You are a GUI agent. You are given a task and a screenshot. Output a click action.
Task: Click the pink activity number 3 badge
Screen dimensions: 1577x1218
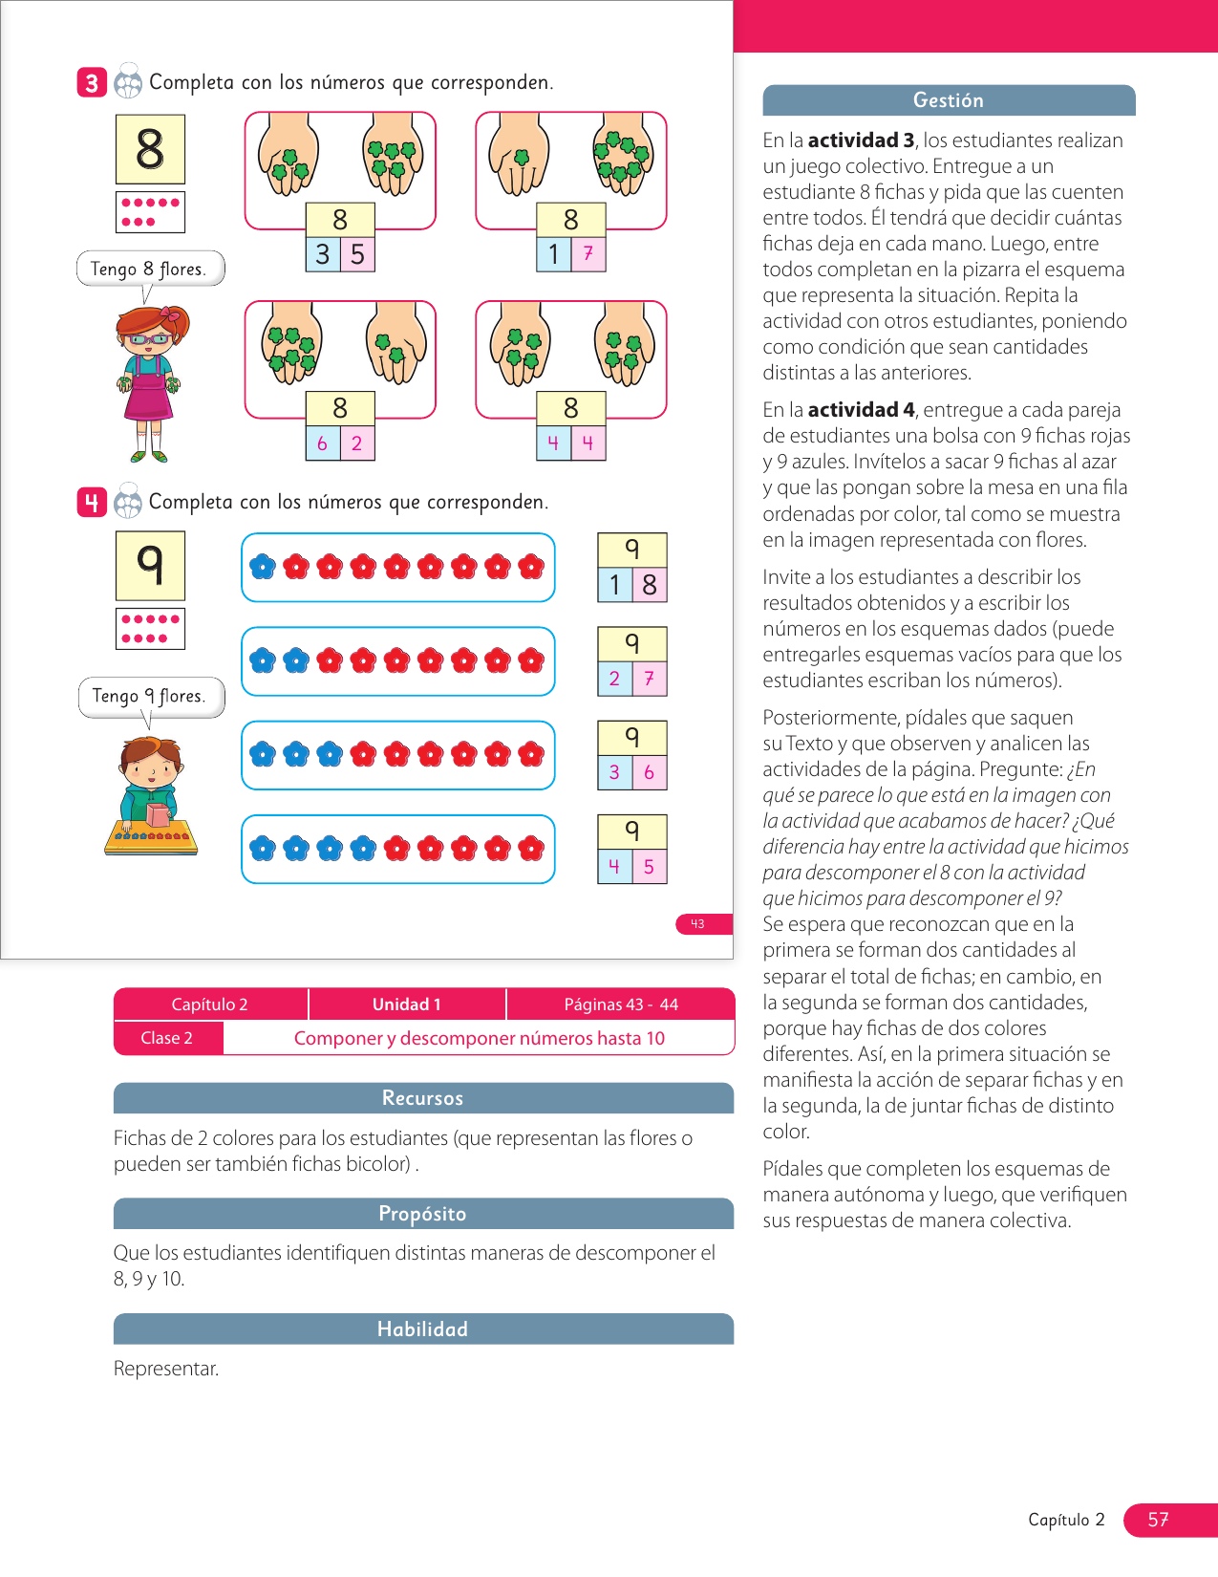(92, 83)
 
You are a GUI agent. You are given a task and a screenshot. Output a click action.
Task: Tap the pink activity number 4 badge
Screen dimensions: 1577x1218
(92, 502)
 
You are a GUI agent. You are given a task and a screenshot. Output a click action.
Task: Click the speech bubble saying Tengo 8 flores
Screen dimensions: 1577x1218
(150, 269)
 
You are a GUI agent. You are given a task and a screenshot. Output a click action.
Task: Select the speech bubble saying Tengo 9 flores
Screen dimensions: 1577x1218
(151, 696)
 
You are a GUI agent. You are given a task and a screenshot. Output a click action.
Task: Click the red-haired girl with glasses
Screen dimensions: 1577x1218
(149, 382)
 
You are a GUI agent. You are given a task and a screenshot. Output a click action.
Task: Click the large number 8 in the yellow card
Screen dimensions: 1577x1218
(150, 149)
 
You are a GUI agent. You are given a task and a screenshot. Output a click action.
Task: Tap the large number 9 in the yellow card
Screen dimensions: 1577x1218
(150, 566)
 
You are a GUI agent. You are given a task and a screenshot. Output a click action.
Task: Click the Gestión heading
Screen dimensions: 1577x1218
(949, 100)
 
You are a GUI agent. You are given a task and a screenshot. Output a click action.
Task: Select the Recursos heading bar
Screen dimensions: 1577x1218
(423, 1098)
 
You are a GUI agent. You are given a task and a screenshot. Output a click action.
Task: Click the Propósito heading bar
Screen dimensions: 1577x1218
(423, 1214)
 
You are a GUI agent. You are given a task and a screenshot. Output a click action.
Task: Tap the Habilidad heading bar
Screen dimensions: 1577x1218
(423, 1329)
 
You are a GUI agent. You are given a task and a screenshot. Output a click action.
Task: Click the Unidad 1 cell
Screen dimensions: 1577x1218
(407, 1005)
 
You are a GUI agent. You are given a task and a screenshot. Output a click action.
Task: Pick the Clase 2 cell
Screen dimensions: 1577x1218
(167, 1038)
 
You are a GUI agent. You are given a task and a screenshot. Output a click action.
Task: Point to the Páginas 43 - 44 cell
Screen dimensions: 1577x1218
(621, 1005)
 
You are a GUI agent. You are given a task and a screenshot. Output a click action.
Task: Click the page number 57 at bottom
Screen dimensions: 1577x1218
(1158, 1520)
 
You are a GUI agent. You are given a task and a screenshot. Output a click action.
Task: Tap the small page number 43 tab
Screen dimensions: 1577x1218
(698, 924)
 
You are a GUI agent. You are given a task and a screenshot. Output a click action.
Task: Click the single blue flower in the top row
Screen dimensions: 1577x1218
(263, 567)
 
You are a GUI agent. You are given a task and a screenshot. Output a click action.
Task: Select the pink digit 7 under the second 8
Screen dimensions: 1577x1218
(588, 254)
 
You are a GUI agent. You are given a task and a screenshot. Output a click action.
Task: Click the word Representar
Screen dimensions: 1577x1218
(166, 1369)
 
